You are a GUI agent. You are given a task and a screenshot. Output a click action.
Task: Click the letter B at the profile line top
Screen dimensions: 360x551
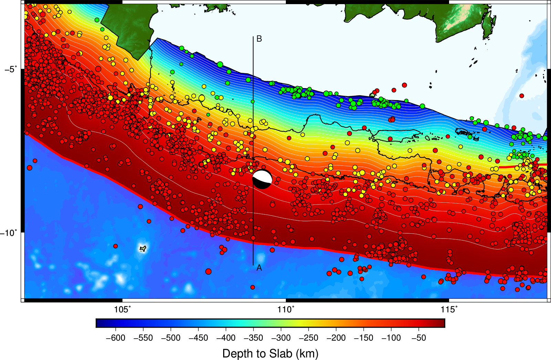pos(259,39)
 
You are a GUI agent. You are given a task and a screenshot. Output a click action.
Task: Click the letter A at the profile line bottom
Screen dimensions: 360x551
pos(259,268)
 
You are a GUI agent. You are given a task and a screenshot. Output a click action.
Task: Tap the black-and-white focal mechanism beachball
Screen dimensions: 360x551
pos(262,179)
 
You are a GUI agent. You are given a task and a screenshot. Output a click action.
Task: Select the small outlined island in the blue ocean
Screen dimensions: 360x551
pos(143,248)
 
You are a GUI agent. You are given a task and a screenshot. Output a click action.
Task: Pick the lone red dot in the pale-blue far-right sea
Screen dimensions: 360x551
pos(522,96)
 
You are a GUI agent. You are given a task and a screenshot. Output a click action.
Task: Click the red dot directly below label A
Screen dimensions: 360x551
pos(253,287)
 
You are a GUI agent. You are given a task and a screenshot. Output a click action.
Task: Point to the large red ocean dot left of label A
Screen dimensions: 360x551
pos(208,272)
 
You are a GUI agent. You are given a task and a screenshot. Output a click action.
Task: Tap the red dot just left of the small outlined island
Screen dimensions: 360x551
pos(115,246)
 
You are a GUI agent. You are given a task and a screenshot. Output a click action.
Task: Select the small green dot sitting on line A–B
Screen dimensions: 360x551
pos(253,102)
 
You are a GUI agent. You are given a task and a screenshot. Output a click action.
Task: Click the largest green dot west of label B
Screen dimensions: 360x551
pos(220,64)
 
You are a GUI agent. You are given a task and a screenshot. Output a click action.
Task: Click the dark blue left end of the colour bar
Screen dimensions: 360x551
pos(100,323)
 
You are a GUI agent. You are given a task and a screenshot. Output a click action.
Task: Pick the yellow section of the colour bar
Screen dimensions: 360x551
pos(300,323)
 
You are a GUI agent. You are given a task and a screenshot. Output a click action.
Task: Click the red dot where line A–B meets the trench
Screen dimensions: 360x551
pos(253,238)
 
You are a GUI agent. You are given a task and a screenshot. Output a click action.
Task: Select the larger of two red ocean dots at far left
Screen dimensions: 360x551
pos(30,168)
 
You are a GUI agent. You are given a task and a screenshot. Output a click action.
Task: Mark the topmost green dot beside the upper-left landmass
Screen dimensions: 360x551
pos(97,20)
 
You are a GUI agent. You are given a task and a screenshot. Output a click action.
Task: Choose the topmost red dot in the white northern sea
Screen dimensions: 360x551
pos(404,85)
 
